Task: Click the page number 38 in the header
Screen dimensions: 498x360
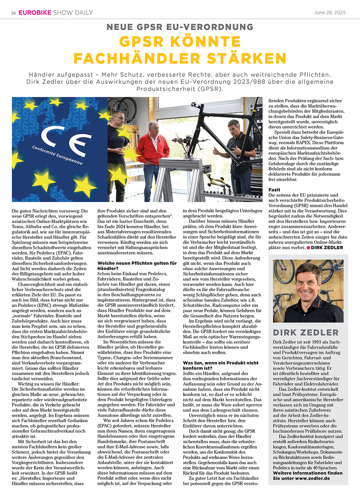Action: pos(13,13)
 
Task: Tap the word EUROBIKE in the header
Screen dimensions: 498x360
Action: pos(35,13)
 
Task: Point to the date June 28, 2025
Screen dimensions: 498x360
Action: pos(330,13)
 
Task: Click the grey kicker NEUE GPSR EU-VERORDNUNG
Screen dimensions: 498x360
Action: pos(180,27)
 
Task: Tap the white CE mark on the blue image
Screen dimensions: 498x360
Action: pos(65,139)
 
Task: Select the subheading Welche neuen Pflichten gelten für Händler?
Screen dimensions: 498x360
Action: pos(137,266)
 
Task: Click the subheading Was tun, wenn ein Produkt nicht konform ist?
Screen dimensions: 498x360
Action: pos(220,365)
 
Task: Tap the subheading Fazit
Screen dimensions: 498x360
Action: pos(274,190)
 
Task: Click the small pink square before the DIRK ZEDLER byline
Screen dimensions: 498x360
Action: pos(308,248)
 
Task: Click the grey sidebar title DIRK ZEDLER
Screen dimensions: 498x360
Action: pos(306,332)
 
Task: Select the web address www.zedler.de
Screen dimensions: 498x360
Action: pos(312,478)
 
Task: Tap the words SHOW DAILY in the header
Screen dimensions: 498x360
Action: pos(73,13)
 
